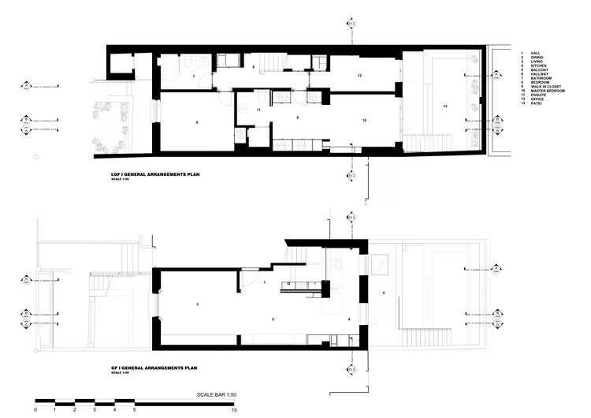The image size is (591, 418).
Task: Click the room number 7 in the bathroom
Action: tap(193, 77)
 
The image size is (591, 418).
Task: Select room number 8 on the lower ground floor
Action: tap(195, 121)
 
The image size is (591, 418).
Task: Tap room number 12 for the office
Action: tap(359, 76)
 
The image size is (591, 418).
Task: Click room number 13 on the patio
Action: tap(445, 106)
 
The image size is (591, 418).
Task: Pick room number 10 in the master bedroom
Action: tap(365, 120)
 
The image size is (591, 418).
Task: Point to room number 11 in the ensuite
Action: tap(258, 110)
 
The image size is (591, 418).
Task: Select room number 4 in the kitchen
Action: tap(349, 319)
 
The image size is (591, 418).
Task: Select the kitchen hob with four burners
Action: tap(334, 264)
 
